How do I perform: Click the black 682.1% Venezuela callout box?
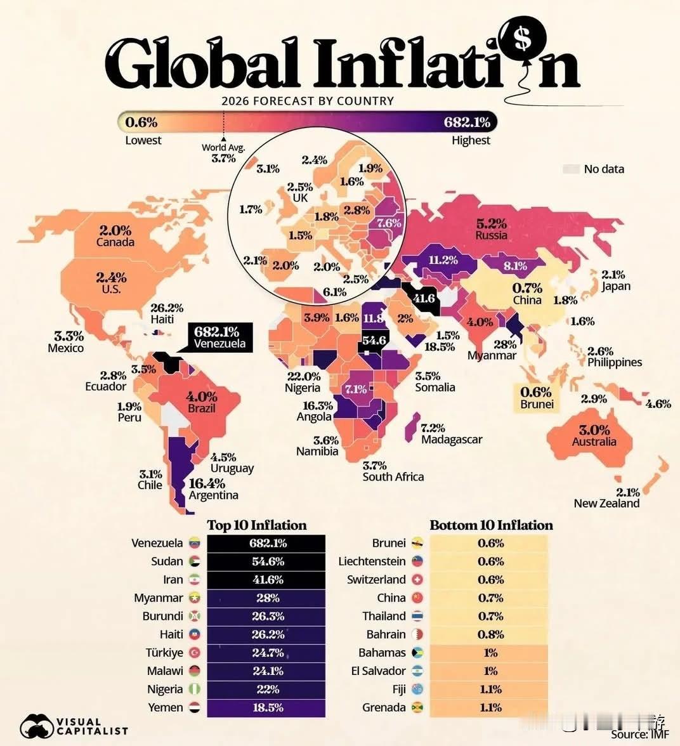(x=217, y=337)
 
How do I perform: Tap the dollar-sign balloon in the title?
(x=522, y=39)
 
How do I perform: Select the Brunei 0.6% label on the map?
(x=537, y=398)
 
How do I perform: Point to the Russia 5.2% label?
(x=492, y=229)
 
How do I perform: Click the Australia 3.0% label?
(x=594, y=435)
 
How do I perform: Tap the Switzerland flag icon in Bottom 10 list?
(x=417, y=580)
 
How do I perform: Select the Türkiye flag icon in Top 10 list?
(x=194, y=653)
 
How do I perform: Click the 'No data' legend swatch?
(x=571, y=169)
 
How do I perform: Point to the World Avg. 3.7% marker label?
(x=223, y=153)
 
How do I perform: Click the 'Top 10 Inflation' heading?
(x=257, y=525)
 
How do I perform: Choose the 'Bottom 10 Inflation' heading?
(x=491, y=525)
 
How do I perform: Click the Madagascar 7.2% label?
(x=451, y=434)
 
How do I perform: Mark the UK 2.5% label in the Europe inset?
(x=300, y=192)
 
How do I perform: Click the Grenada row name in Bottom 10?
(x=384, y=707)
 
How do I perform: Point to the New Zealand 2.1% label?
(x=607, y=498)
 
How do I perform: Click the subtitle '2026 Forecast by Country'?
(x=308, y=101)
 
